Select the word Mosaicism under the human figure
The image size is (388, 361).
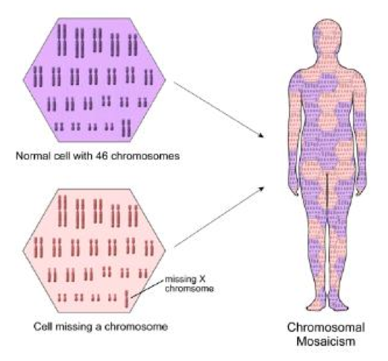[326, 341]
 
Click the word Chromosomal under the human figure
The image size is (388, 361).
[326, 327]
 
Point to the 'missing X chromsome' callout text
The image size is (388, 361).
[189, 284]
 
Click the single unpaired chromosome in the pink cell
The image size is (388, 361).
[127, 299]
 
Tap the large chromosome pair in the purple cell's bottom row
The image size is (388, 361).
[127, 128]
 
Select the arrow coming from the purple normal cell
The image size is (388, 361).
[219, 110]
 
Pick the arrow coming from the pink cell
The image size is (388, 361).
[219, 217]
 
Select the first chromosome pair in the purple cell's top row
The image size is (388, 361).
[62, 40]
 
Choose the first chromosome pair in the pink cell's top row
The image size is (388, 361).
[63, 211]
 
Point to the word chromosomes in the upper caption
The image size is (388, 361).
[145, 156]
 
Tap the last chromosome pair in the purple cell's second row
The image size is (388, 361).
[148, 77]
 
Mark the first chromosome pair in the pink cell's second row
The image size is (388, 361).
[39, 248]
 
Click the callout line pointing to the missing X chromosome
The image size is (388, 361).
[148, 289]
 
